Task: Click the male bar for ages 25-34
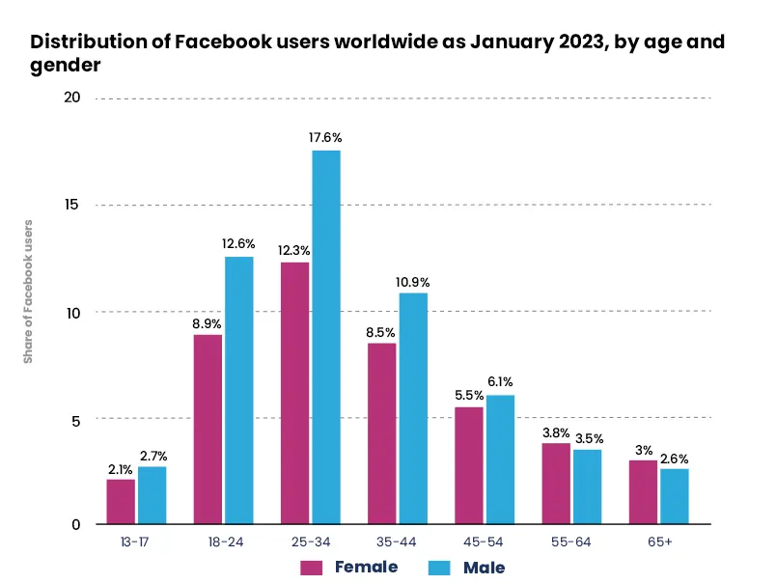click(x=325, y=337)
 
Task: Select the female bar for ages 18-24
click(x=208, y=429)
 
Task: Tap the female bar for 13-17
click(x=121, y=501)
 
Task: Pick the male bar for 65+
click(x=674, y=496)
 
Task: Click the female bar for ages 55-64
click(x=556, y=483)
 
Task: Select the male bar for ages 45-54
click(x=500, y=459)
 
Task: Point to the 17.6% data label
click(x=325, y=138)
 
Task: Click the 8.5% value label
click(x=381, y=331)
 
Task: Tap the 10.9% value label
click(x=413, y=282)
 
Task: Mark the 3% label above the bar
click(x=642, y=449)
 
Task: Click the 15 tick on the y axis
click(x=71, y=205)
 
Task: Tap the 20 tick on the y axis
click(x=71, y=97)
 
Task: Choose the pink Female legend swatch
click(x=311, y=567)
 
